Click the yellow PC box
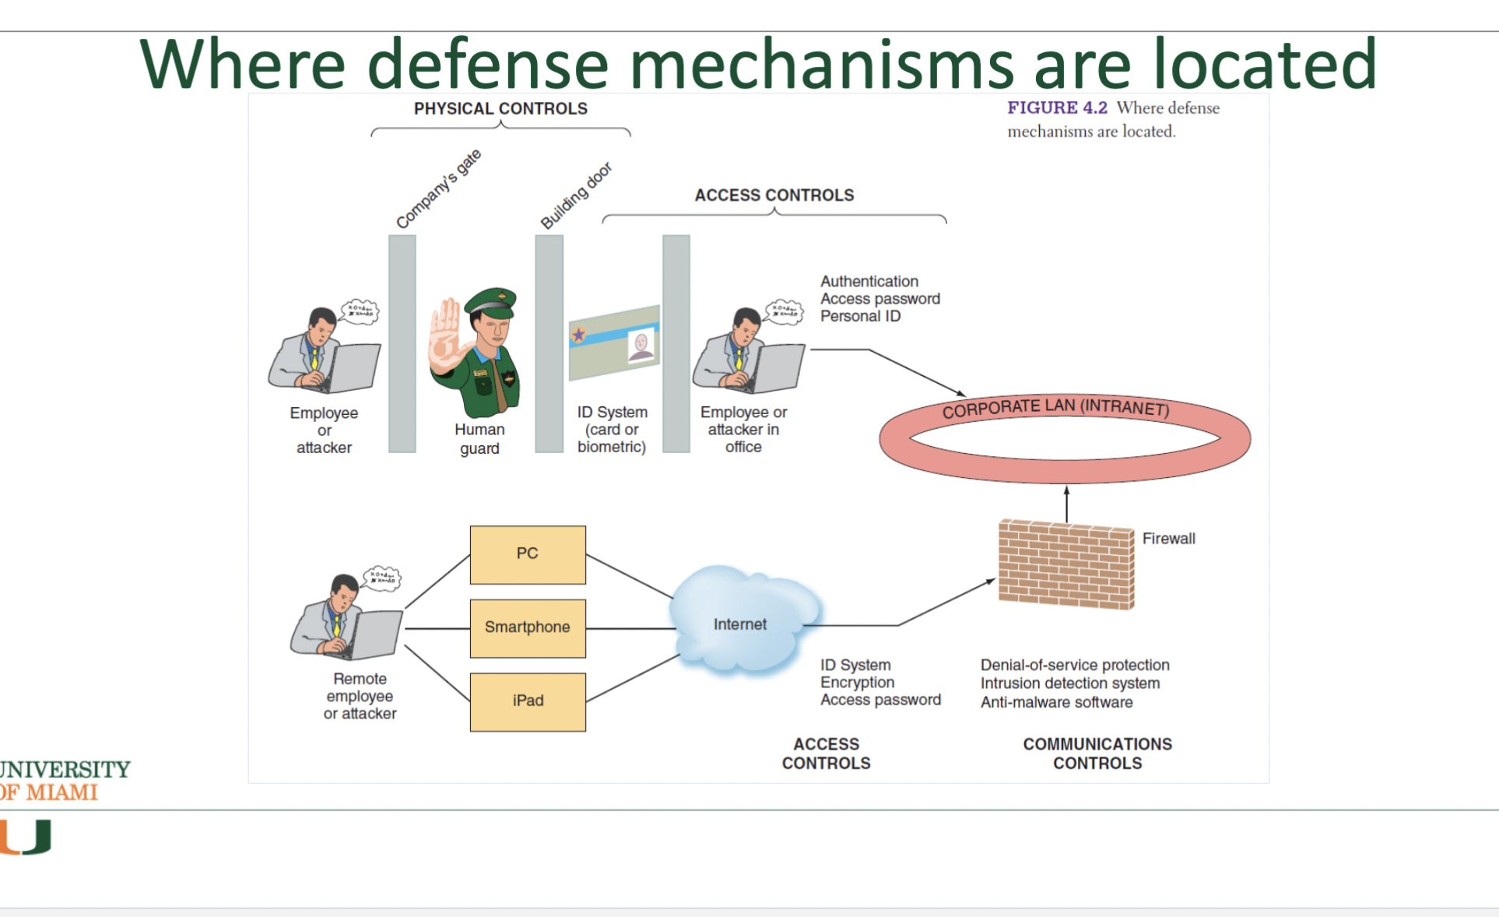coord(528,554)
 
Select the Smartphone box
coord(528,627)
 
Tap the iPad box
coord(528,701)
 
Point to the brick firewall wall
coord(1066,564)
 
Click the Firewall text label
coord(1168,539)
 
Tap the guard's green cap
coord(492,300)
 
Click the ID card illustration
coord(614,343)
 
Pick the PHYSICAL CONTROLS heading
coord(500,109)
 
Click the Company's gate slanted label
coord(439,189)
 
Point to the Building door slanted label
coord(576,196)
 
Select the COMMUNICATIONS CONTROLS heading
coord(1097,754)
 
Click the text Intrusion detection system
coord(1070,683)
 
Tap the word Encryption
coord(857,683)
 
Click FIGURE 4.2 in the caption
coord(1057,108)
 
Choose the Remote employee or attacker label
coord(360,696)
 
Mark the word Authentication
coord(869,281)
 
